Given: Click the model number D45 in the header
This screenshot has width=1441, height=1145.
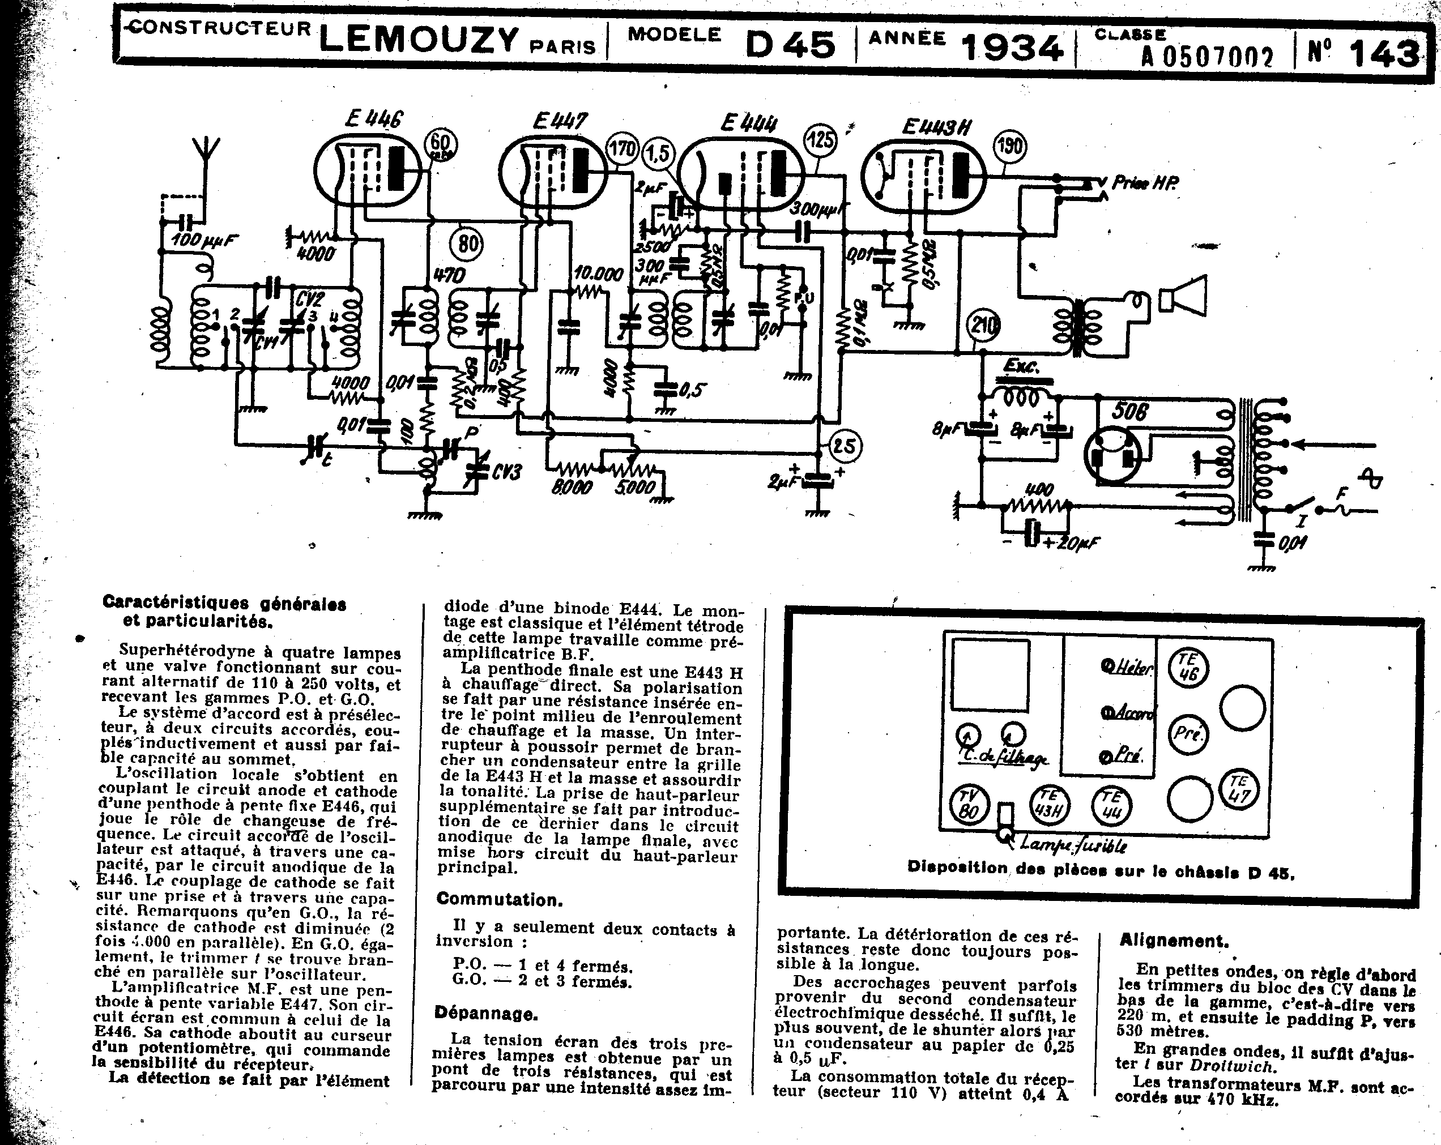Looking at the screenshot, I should pyautogui.click(x=791, y=45).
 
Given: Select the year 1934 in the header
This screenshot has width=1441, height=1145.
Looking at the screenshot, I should pyautogui.click(x=1011, y=47).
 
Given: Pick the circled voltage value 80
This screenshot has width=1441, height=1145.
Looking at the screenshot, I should pyautogui.click(x=468, y=244).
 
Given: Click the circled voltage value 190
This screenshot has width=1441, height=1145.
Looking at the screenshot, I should pyautogui.click(x=1009, y=146).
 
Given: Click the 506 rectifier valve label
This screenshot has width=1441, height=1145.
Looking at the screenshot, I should pyautogui.click(x=1129, y=411).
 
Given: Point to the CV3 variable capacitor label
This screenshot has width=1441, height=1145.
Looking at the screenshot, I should pyautogui.click(x=506, y=472).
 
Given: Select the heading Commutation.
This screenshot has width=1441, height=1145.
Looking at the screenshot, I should pyautogui.click(x=499, y=899).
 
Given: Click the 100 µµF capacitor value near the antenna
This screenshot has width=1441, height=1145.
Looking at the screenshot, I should pyautogui.click(x=204, y=240).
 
